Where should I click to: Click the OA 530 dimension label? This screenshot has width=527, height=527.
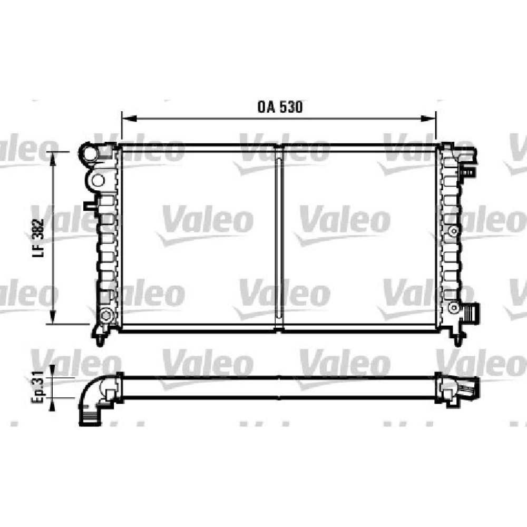pos(280,107)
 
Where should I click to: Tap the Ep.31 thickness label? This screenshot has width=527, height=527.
pos(37,387)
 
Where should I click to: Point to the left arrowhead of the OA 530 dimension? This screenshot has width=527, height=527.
pos(129,118)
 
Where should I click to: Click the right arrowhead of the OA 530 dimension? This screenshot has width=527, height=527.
pos(428,118)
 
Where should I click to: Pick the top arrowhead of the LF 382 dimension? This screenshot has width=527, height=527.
pos(52,159)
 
